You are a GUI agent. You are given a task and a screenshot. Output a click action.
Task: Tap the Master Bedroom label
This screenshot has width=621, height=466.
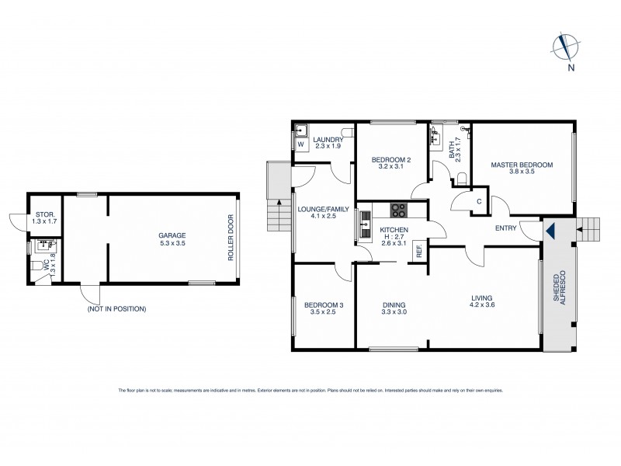522,165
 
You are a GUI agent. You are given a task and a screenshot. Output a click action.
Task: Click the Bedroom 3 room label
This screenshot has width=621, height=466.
323,305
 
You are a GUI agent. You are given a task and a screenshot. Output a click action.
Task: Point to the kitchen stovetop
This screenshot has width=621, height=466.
397,208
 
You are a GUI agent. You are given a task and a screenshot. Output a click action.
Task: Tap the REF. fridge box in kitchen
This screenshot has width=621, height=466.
418,251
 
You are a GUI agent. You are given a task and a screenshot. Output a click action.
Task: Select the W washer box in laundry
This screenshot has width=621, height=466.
300,144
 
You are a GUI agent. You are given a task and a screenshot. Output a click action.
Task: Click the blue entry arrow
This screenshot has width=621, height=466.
550,230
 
